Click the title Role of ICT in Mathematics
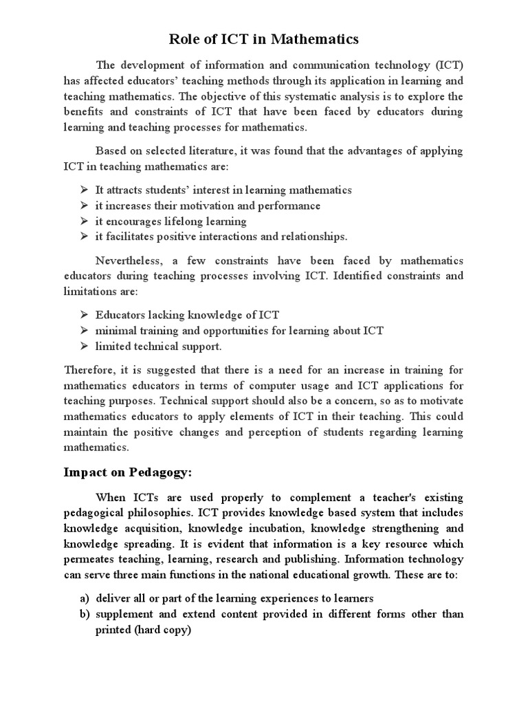(x=264, y=39)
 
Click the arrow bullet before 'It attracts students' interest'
(x=84, y=190)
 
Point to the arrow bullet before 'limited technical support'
(x=84, y=346)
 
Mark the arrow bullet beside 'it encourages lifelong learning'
(x=84, y=221)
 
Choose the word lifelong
(x=185, y=221)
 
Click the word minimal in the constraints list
(x=115, y=331)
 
